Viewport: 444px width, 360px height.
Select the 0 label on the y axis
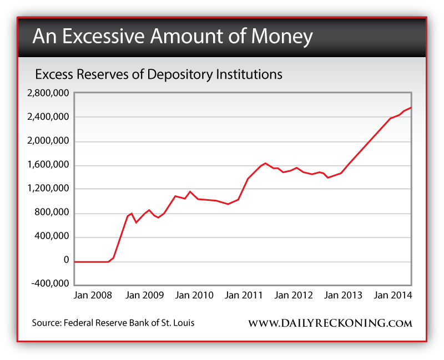point(66,261)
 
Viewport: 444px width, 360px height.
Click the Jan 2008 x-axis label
point(93,295)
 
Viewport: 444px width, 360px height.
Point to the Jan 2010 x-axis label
point(194,295)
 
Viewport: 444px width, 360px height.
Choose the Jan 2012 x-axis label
point(294,295)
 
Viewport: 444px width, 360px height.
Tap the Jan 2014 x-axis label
point(392,295)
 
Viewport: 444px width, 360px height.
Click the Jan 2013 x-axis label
point(343,295)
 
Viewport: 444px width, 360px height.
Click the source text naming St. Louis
point(114,322)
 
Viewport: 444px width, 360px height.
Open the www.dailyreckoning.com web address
point(330,323)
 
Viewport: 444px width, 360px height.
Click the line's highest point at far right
point(410,108)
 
